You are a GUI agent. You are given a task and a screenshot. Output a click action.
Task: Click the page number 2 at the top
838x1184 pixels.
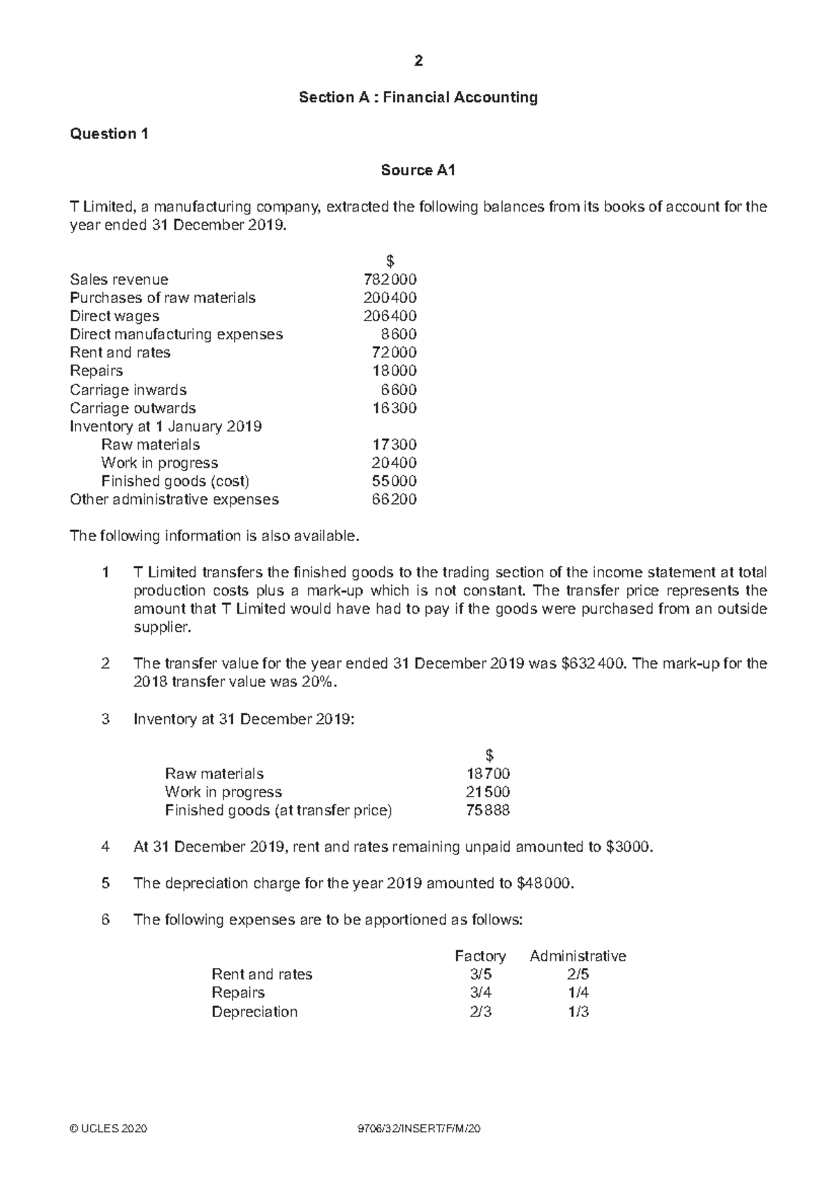(x=418, y=61)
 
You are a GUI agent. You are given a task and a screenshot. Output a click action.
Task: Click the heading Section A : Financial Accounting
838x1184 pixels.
(x=418, y=98)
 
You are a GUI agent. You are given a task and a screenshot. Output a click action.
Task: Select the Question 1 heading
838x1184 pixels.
(x=109, y=134)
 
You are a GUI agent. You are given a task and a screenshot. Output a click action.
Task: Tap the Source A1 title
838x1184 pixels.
(x=418, y=170)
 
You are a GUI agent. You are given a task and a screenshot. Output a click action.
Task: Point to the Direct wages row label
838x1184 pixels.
(x=115, y=316)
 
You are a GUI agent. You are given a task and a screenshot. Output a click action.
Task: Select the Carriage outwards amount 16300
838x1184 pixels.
(x=395, y=408)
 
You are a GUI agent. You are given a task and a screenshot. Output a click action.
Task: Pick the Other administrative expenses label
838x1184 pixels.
(x=174, y=499)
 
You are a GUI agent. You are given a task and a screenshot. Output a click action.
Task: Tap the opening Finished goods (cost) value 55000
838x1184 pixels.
(x=395, y=481)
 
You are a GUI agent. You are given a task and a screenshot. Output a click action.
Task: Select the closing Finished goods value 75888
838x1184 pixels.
(x=488, y=811)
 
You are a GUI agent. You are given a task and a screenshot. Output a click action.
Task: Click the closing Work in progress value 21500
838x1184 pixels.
(x=488, y=792)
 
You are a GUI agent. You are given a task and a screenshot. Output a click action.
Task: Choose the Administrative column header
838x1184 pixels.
(x=578, y=956)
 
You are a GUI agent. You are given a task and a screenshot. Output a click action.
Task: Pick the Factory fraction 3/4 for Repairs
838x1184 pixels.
(x=480, y=993)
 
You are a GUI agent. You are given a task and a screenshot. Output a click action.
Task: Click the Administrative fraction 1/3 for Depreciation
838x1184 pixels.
(x=578, y=1012)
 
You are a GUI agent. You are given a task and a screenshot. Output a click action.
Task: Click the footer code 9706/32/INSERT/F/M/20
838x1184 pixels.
(x=418, y=1130)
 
